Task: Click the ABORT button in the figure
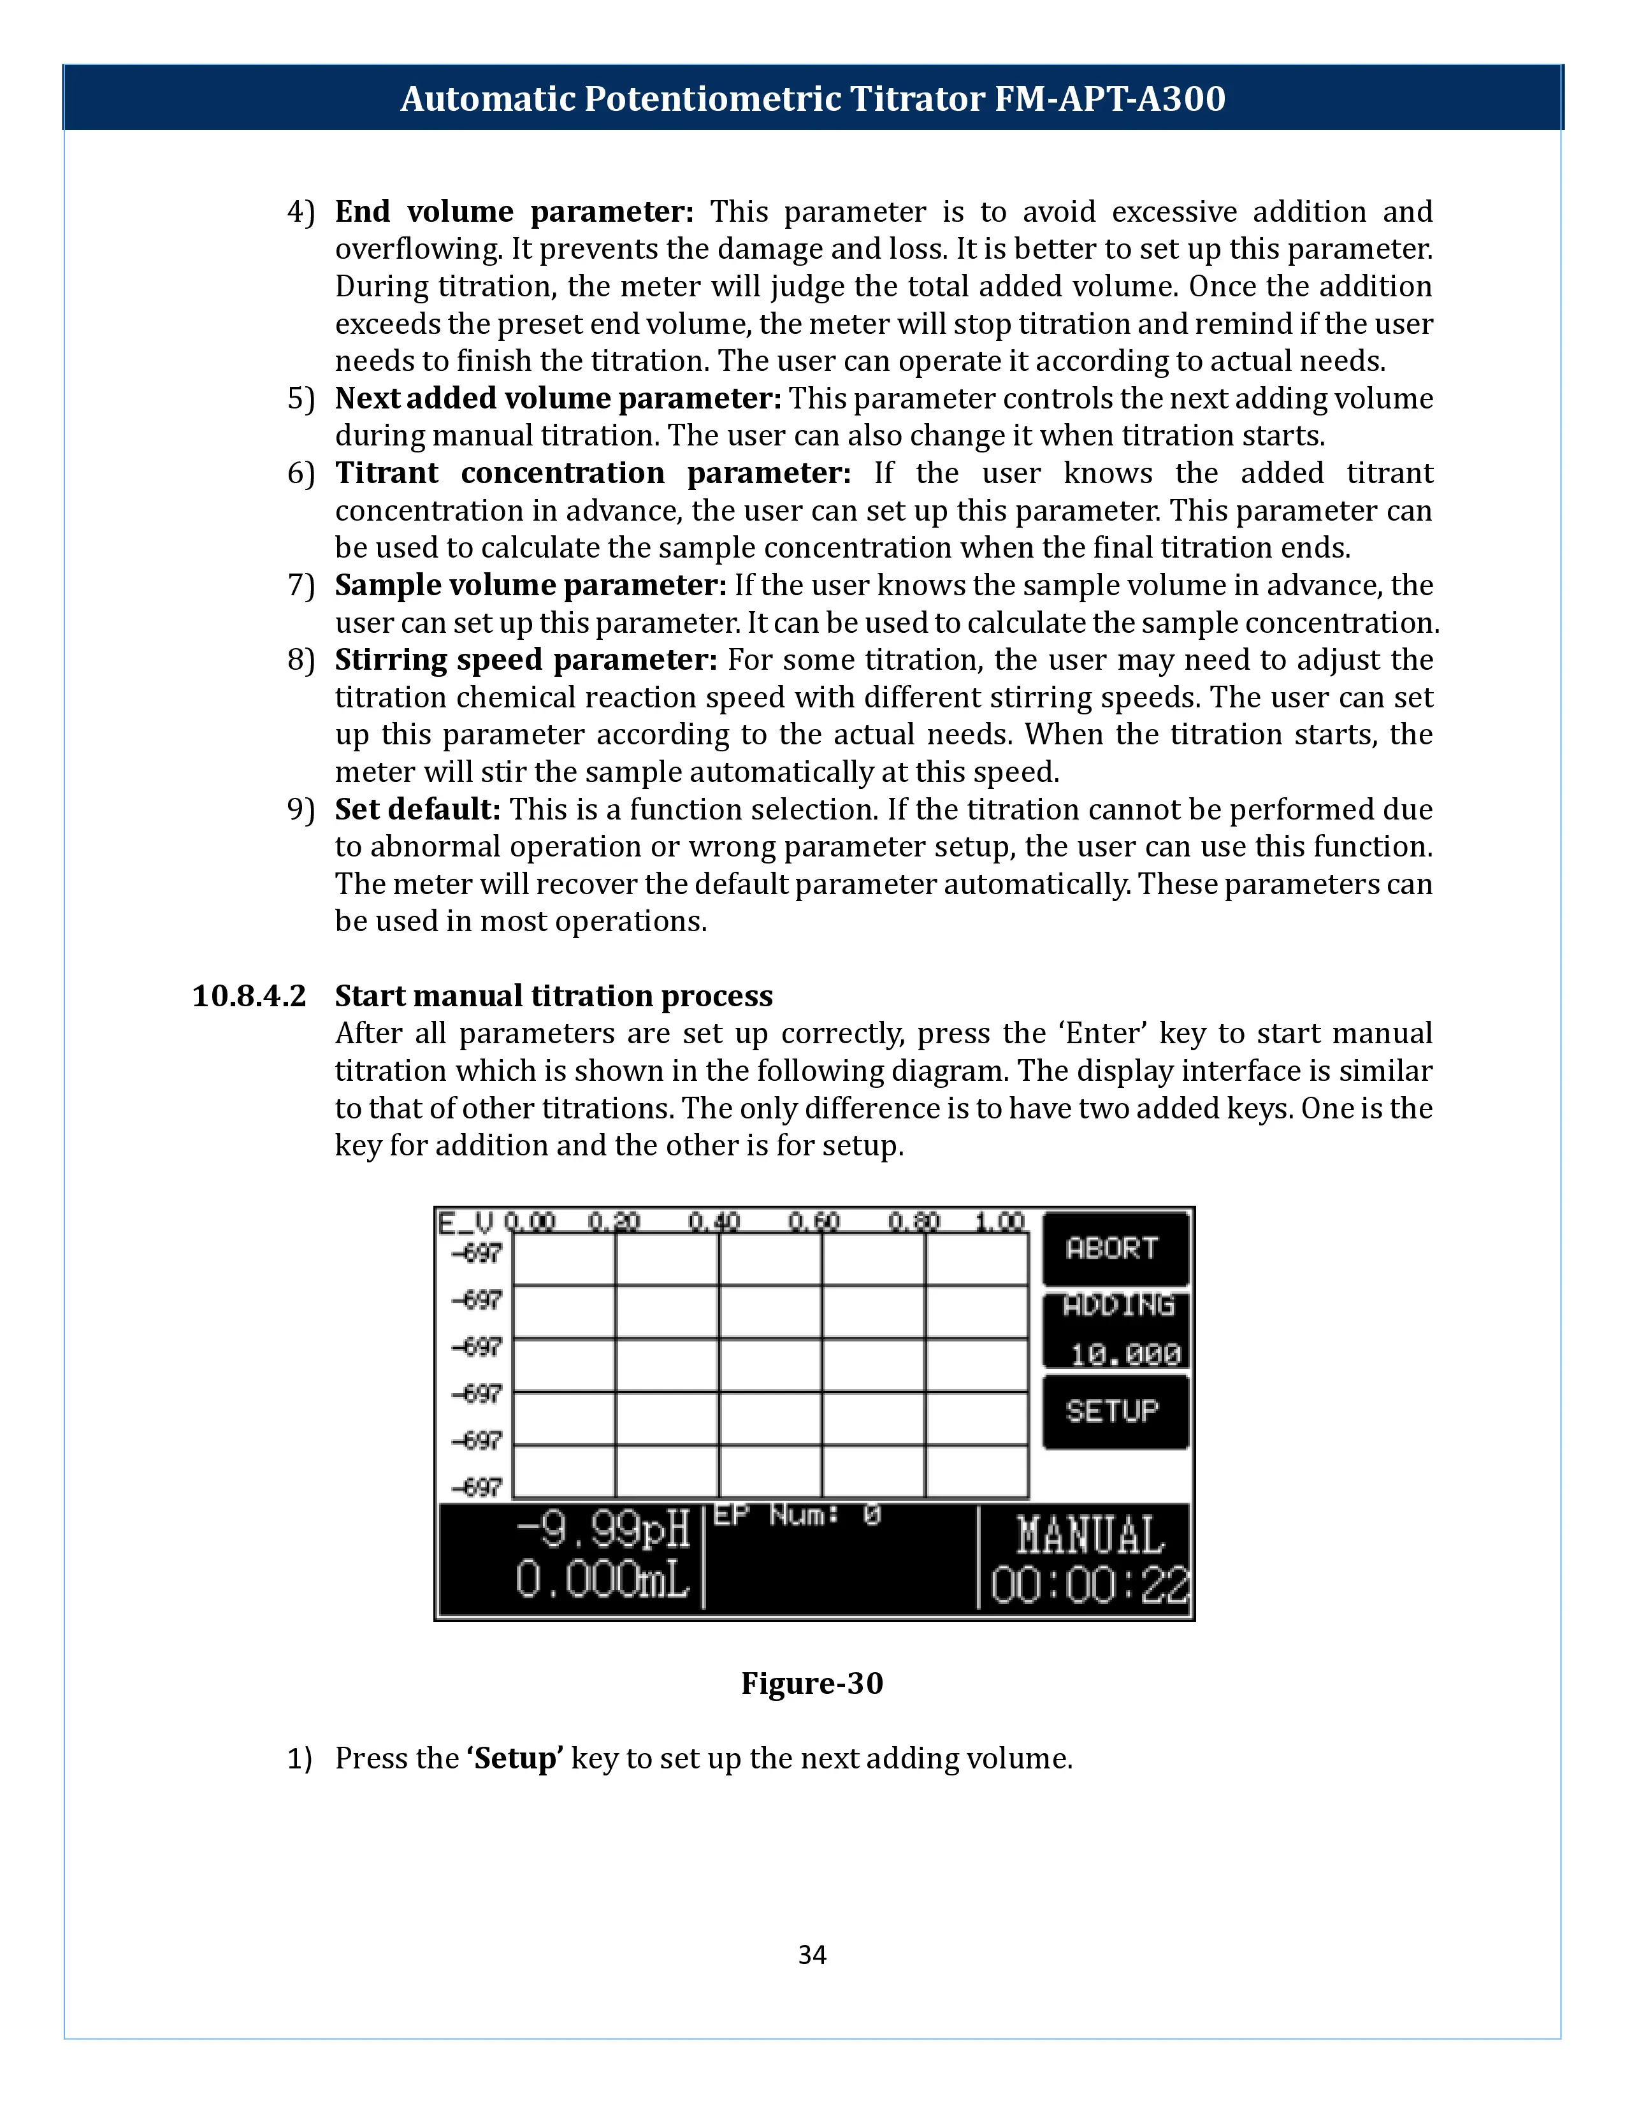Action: click(1115, 1249)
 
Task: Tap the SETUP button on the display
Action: click(1115, 1412)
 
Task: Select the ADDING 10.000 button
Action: click(1116, 1331)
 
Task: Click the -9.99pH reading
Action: click(603, 1529)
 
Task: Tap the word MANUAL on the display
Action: click(1090, 1535)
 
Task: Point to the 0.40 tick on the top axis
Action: click(714, 1222)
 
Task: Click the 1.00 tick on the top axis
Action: click(999, 1222)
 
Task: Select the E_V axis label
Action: click(465, 1222)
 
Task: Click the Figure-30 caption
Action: click(811, 1683)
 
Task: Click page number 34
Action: click(811, 1955)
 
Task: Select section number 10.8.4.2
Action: click(249, 995)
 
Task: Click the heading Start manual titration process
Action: click(554, 995)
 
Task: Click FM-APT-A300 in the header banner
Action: click(1109, 98)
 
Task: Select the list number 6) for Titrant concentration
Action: click(300, 473)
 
